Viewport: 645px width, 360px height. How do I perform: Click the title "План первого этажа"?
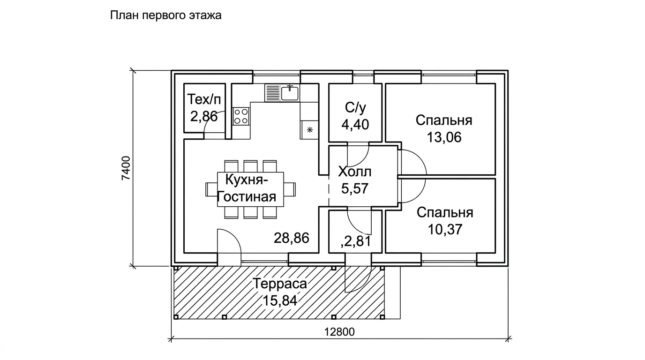pos(165,15)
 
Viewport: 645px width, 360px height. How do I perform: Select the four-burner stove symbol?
pos(241,116)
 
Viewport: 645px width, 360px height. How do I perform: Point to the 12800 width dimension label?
pos(339,332)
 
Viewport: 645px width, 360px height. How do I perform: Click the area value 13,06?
pos(444,137)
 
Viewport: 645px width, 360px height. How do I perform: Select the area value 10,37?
pos(445,230)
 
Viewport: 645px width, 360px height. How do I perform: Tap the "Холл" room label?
pos(354,172)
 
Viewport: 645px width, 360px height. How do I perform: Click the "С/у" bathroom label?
pos(355,108)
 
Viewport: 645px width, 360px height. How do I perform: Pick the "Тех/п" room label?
pos(204,99)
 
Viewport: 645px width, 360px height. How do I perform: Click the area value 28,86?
pos(292,238)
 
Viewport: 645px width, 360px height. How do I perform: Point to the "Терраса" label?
pos(280,284)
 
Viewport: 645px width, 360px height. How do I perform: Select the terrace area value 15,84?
pos(280,301)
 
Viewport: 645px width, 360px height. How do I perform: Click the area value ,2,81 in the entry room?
pos(356,241)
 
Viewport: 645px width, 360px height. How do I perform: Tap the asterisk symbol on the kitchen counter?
pos(309,130)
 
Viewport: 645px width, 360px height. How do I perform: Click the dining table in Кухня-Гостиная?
pos(250,189)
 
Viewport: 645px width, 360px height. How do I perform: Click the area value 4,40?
pos(355,125)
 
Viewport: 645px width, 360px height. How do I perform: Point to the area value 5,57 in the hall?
pos(355,188)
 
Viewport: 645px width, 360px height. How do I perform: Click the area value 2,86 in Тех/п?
pos(204,117)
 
